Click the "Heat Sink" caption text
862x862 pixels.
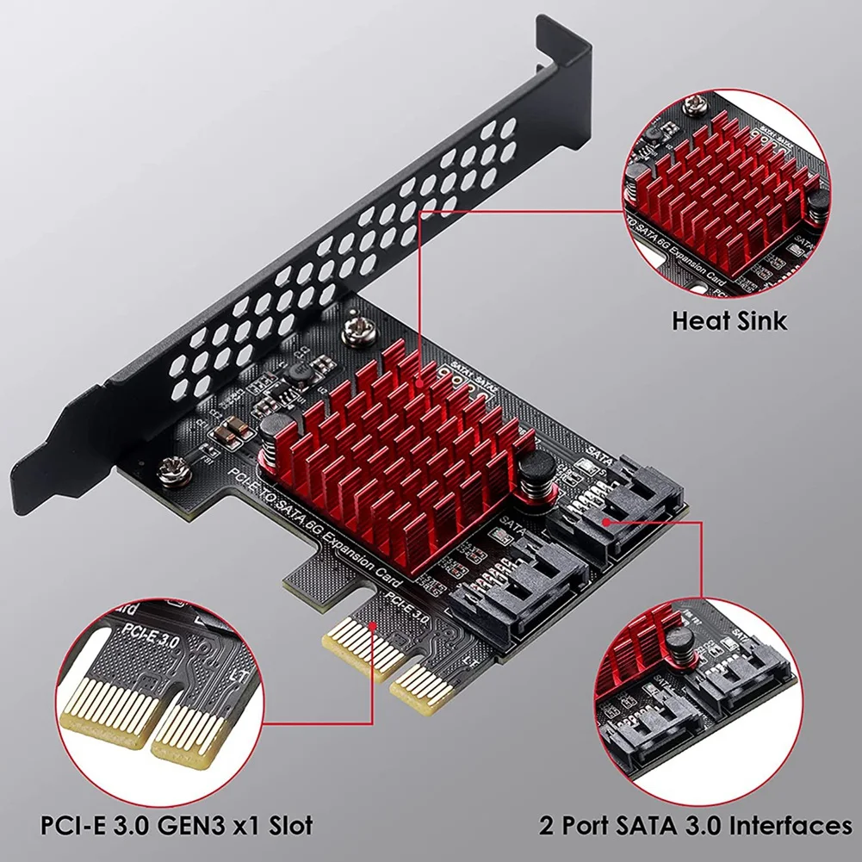pos(729,321)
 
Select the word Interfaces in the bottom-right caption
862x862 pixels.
pos(791,825)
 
